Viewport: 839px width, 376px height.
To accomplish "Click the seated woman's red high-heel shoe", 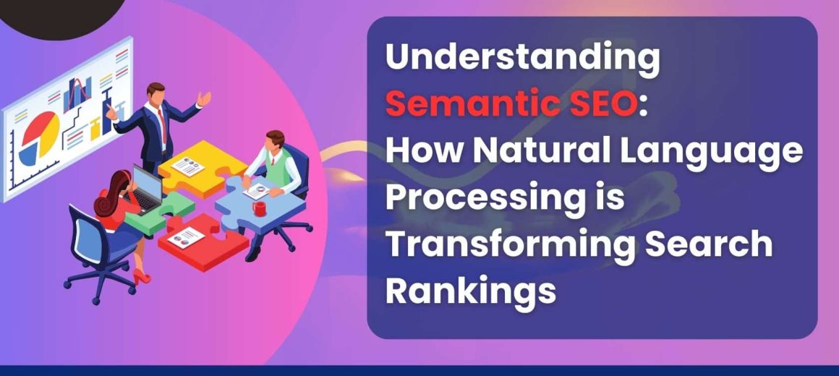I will coord(142,276).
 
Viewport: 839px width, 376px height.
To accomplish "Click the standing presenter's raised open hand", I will coord(204,98).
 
